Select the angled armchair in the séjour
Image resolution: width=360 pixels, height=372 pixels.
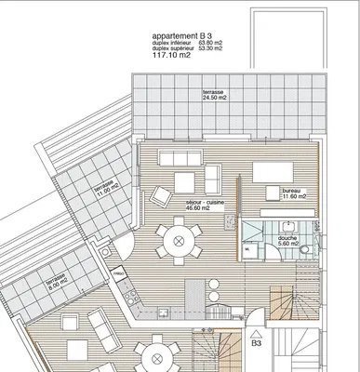(161, 195)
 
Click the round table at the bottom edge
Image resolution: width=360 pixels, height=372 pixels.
(164, 359)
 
